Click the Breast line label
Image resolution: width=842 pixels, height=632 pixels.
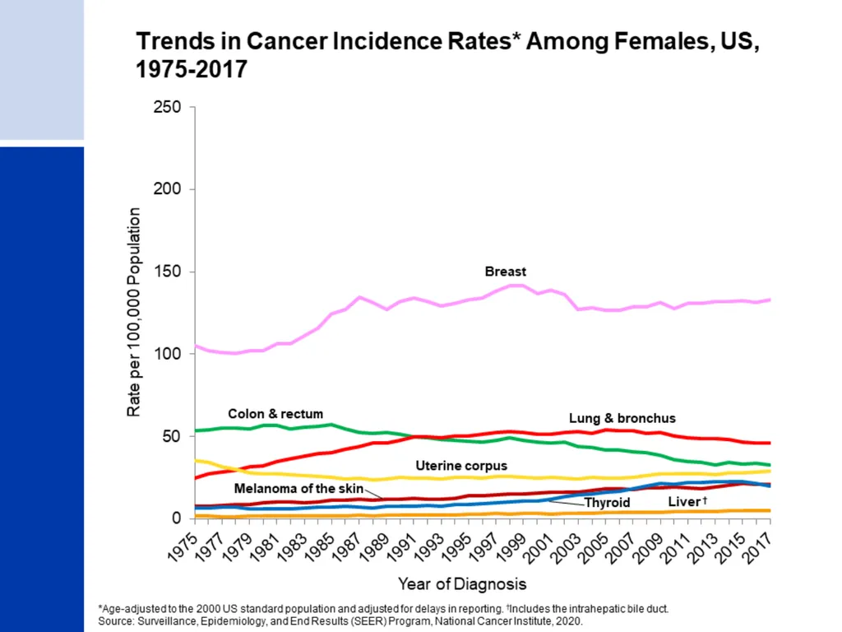tap(506, 272)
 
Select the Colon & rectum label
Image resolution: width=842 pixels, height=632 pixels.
tap(275, 414)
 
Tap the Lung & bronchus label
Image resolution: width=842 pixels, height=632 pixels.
tap(622, 418)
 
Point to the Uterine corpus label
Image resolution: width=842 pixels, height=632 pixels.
tap(461, 466)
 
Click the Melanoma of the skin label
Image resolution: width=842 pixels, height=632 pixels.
tap(298, 489)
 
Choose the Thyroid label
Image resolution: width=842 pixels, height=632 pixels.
tap(607, 503)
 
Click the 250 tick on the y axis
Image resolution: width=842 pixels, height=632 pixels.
tap(167, 107)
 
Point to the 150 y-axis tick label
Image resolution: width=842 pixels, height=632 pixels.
tap(167, 272)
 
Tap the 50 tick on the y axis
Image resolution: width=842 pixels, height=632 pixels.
tap(172, 436)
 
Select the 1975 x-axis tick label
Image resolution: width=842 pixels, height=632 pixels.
tap(183, 546)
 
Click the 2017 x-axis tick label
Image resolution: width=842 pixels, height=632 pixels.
tap(756, 547)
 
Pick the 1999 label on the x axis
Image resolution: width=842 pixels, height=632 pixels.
tap(511, 547)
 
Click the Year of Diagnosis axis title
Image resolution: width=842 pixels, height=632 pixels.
tap(462, 584)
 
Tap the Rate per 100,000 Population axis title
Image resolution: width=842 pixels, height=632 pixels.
tap(134, 312)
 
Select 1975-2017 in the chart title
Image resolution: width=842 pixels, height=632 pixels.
tap(192, 69)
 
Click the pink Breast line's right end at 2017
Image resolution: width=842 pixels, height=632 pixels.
tap(770, 300)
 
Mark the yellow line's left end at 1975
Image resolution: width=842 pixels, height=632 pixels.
tap(196, 461)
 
